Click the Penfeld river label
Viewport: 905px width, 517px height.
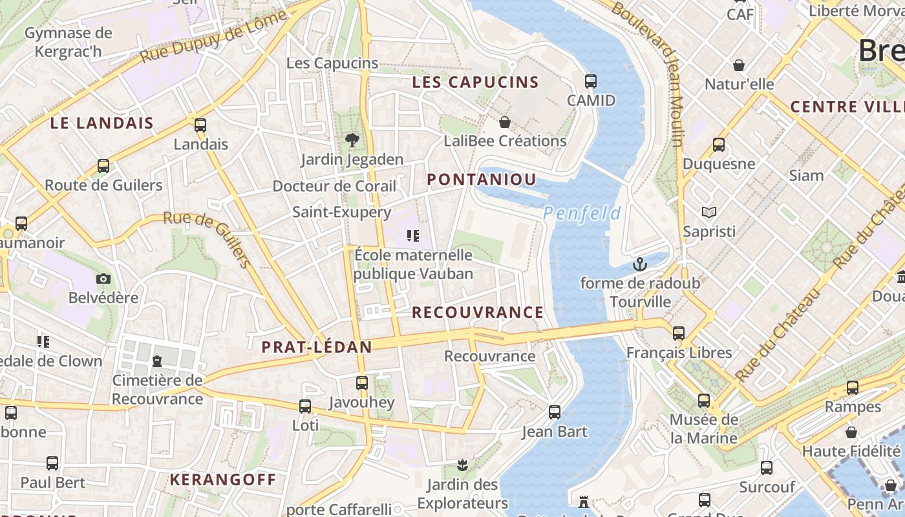(x=582, y=213)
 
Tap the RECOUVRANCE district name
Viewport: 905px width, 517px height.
(x=478, y=313)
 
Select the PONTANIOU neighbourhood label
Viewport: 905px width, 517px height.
(x=482, y=180)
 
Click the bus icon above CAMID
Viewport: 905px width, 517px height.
(x=590, y=81)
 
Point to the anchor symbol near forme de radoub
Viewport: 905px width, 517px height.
(x=639, y=264)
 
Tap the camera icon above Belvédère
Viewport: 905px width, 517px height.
(x=103, y=279)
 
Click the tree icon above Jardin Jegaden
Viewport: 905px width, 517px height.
(x=352, y=140)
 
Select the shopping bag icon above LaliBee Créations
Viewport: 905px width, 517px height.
(x=505, y=121)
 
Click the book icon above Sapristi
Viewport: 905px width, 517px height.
(x=709, y=212)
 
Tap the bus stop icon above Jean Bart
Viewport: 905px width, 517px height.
(x=554, y=412)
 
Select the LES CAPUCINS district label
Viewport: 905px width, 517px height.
(x=475, y=82)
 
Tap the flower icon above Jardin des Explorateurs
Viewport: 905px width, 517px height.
(x=462, y=465)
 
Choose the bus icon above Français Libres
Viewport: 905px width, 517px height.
(x=678, y=333)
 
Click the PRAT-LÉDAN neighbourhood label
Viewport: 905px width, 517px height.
(x=317, y=347)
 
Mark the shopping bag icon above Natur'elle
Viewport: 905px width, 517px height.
(x=738, y=65)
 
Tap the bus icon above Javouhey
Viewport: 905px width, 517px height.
(x=361, y=383)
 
